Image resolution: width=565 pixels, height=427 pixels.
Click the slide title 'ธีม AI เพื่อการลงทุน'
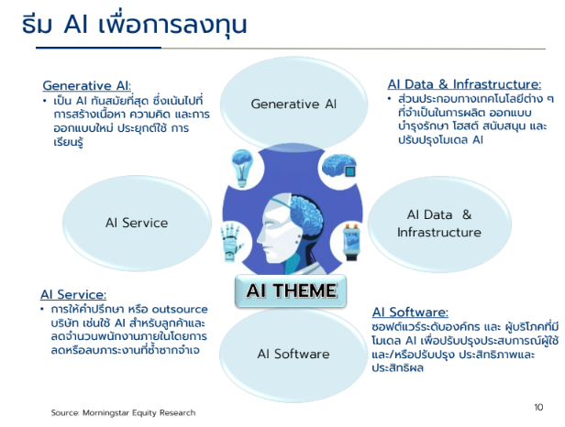pos(134,24)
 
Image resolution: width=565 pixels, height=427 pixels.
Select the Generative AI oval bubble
pos(294,104)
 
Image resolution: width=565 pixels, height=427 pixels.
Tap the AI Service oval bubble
pos(137,223)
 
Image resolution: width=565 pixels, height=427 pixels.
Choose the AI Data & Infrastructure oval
pos(439,224)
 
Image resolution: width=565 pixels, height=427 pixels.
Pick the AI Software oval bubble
pos(294,354)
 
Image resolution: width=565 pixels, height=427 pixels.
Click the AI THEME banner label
pos(291,290)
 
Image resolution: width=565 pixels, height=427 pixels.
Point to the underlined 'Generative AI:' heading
pos(87,86)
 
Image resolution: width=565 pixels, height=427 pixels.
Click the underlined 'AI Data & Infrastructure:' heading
pos(464,84)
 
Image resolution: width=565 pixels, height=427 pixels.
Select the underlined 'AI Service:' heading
pos(73,294)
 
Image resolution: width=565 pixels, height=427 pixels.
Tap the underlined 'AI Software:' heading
pos(410,312)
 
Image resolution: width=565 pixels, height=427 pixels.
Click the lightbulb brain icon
pos(242,168)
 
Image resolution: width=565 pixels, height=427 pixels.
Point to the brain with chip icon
pos(339,166)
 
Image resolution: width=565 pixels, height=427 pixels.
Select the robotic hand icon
pos(232,242)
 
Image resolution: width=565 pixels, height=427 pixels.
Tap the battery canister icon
pos(351,242)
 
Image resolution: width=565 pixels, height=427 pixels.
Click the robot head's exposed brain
pos(306,213)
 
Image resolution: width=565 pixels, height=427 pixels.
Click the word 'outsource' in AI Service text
pos(180,310)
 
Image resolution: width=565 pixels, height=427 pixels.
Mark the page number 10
pos(538,407)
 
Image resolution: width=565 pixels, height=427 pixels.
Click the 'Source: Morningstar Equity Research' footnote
pos(123,412)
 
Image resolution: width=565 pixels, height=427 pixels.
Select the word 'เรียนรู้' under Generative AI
pos(68,142)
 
